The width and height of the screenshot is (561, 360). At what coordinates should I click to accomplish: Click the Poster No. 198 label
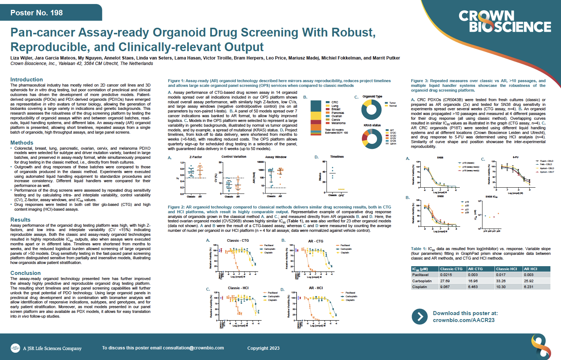tap(37, 13)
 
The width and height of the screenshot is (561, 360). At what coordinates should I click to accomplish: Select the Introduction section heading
tap(27, 80)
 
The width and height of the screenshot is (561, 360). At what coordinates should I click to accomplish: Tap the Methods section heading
tap(22, 143)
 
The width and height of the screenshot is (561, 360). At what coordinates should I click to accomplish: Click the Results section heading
tap(20, 220)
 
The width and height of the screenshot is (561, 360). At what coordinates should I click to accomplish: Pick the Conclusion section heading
tap(26, 273)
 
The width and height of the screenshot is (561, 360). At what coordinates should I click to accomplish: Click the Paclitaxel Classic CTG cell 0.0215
tap(446, 275)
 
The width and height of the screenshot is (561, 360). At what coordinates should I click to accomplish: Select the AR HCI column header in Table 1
tap(530, 269)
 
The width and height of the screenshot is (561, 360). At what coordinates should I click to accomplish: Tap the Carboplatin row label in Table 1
tap(422, 281)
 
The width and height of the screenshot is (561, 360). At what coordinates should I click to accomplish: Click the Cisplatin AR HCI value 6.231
tap(528, 287)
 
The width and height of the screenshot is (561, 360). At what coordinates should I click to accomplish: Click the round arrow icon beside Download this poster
tap(420, 317)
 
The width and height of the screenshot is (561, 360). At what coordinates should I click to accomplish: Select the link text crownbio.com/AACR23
tap(463, 320)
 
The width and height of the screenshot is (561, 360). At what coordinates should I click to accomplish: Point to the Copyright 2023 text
tap(263, 348)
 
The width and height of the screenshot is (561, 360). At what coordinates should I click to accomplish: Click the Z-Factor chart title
tap(196, 157)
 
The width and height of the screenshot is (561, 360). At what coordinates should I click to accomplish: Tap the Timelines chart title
tap(337, 157)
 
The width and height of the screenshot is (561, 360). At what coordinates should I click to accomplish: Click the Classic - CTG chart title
tap(238, 241)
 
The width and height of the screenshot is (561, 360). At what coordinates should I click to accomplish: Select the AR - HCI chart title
tap(316, 288)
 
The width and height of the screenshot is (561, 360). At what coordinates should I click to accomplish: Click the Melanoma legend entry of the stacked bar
tap(338, 123)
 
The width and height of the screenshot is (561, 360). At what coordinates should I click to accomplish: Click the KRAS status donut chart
tap(372, 138)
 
